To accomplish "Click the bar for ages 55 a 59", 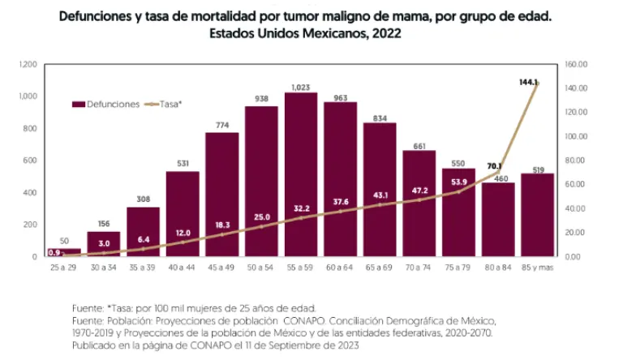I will pos(301,174).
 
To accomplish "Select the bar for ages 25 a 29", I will pos(64,252).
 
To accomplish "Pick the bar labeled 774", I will pos(222,195).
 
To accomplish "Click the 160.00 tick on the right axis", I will pos(578,64).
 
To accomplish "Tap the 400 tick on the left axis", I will pos(31,192).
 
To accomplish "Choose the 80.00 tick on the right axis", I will pos(576,161).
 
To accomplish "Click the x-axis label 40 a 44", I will pos(183,268).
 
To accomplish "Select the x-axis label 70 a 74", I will pos(419,268).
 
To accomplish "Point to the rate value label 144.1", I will pos(529,82).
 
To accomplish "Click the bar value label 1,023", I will pos(301,86).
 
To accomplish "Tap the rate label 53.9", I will pos(459,182).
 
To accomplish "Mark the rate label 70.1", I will pos(495,166).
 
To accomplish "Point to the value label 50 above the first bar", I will pos(64,241).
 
